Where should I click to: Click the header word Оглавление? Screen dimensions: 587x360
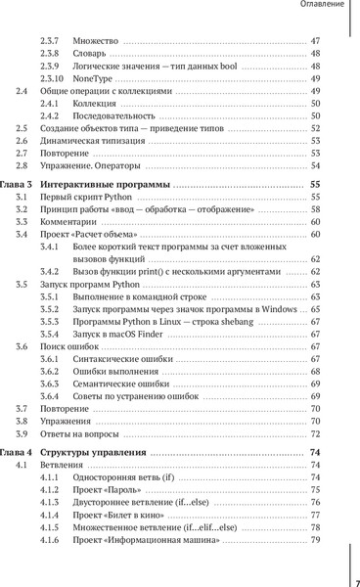[x=318, y=8]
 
